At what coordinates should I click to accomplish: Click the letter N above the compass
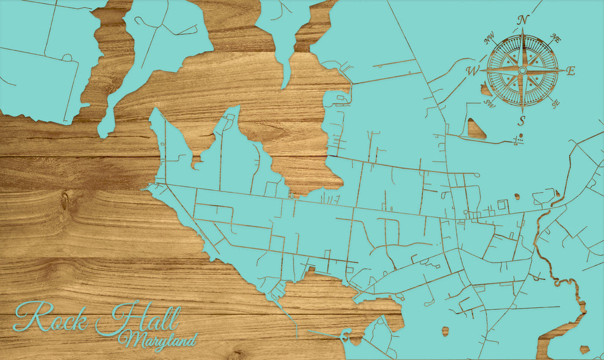click(523, 20)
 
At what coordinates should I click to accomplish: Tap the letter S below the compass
click(522, 120)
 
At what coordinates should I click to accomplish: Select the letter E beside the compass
click(571, 70)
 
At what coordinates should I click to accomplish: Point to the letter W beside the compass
click(473, 70)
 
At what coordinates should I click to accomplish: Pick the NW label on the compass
click(490, 39)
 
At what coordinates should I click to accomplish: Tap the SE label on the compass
click(555, 103)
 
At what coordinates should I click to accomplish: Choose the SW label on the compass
click(490, 103)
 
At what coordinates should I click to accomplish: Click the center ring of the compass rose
click(522, 70)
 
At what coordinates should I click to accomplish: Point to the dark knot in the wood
click(64, 201)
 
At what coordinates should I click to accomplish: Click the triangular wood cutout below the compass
click(475, 128)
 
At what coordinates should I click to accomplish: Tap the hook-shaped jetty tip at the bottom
click(346, 336)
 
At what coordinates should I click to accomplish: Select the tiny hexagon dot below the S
click(521, 136)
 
